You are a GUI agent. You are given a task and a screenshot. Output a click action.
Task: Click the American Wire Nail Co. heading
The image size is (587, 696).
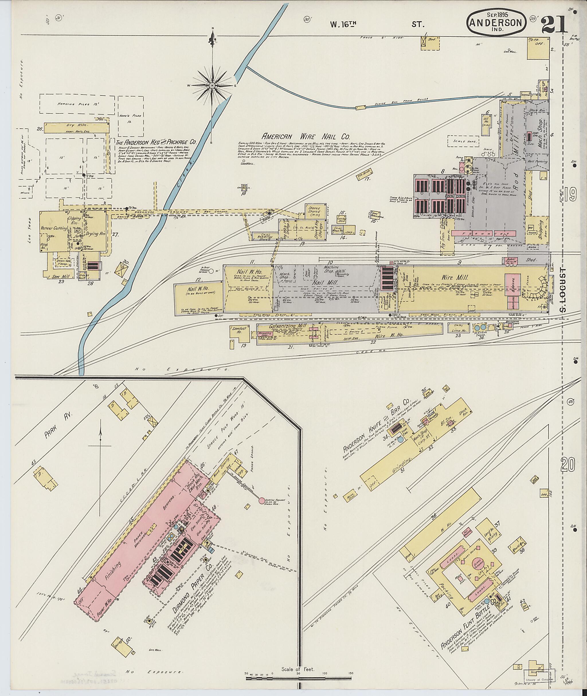[x=306, y=136]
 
